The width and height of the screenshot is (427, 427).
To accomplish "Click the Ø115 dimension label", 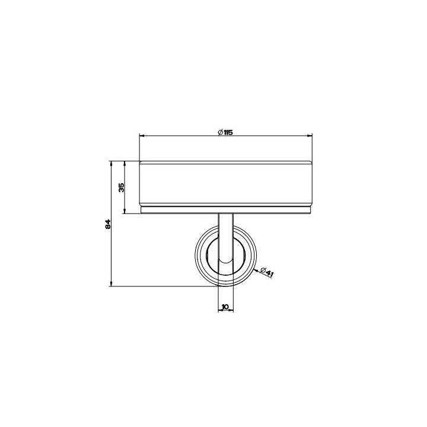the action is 225,133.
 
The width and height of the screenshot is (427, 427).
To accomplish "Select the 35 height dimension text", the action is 122,187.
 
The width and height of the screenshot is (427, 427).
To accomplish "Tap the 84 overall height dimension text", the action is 108,224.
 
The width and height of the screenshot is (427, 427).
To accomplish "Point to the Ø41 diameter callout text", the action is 267,272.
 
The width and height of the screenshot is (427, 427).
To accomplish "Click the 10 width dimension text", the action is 225,307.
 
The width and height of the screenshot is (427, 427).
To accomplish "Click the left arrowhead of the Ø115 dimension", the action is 142,135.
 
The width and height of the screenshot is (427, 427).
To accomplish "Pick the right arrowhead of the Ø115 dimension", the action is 310,135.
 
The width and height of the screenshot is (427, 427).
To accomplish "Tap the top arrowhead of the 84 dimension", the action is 111,164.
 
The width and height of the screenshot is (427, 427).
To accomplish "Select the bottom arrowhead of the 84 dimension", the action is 111,283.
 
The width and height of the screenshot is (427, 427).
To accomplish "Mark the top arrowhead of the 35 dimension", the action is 125,164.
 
